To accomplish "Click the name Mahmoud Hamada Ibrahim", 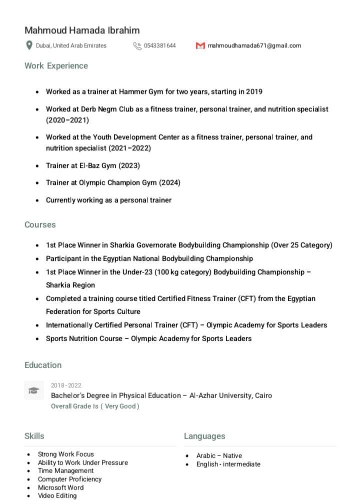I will tap(82, 30).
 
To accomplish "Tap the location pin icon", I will tap(29, 45).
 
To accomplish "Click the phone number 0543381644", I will tap(159, 45).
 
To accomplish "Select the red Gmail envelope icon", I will tap(200, 45).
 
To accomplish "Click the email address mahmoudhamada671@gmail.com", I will tap(254, 45).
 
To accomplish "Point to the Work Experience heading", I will tap(56, 65).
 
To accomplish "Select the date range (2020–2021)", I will tap(67, 120).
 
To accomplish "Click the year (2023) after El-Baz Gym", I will tap(129, 165).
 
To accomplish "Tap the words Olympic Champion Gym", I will tap(117, 182).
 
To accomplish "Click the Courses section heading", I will tap(40, 224).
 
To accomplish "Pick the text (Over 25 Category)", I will tap(301, 245).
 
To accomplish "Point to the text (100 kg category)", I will tap(183, 272).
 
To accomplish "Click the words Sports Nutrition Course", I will tap(84, 338).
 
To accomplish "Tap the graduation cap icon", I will tap(33, 390).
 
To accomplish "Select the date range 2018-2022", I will tap(66, 385).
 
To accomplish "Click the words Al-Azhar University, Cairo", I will tap(230, 395).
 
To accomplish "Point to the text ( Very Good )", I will tap(120, 406).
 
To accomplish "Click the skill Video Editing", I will tap(57, 495).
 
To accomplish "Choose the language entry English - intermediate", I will tap(228, 464).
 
